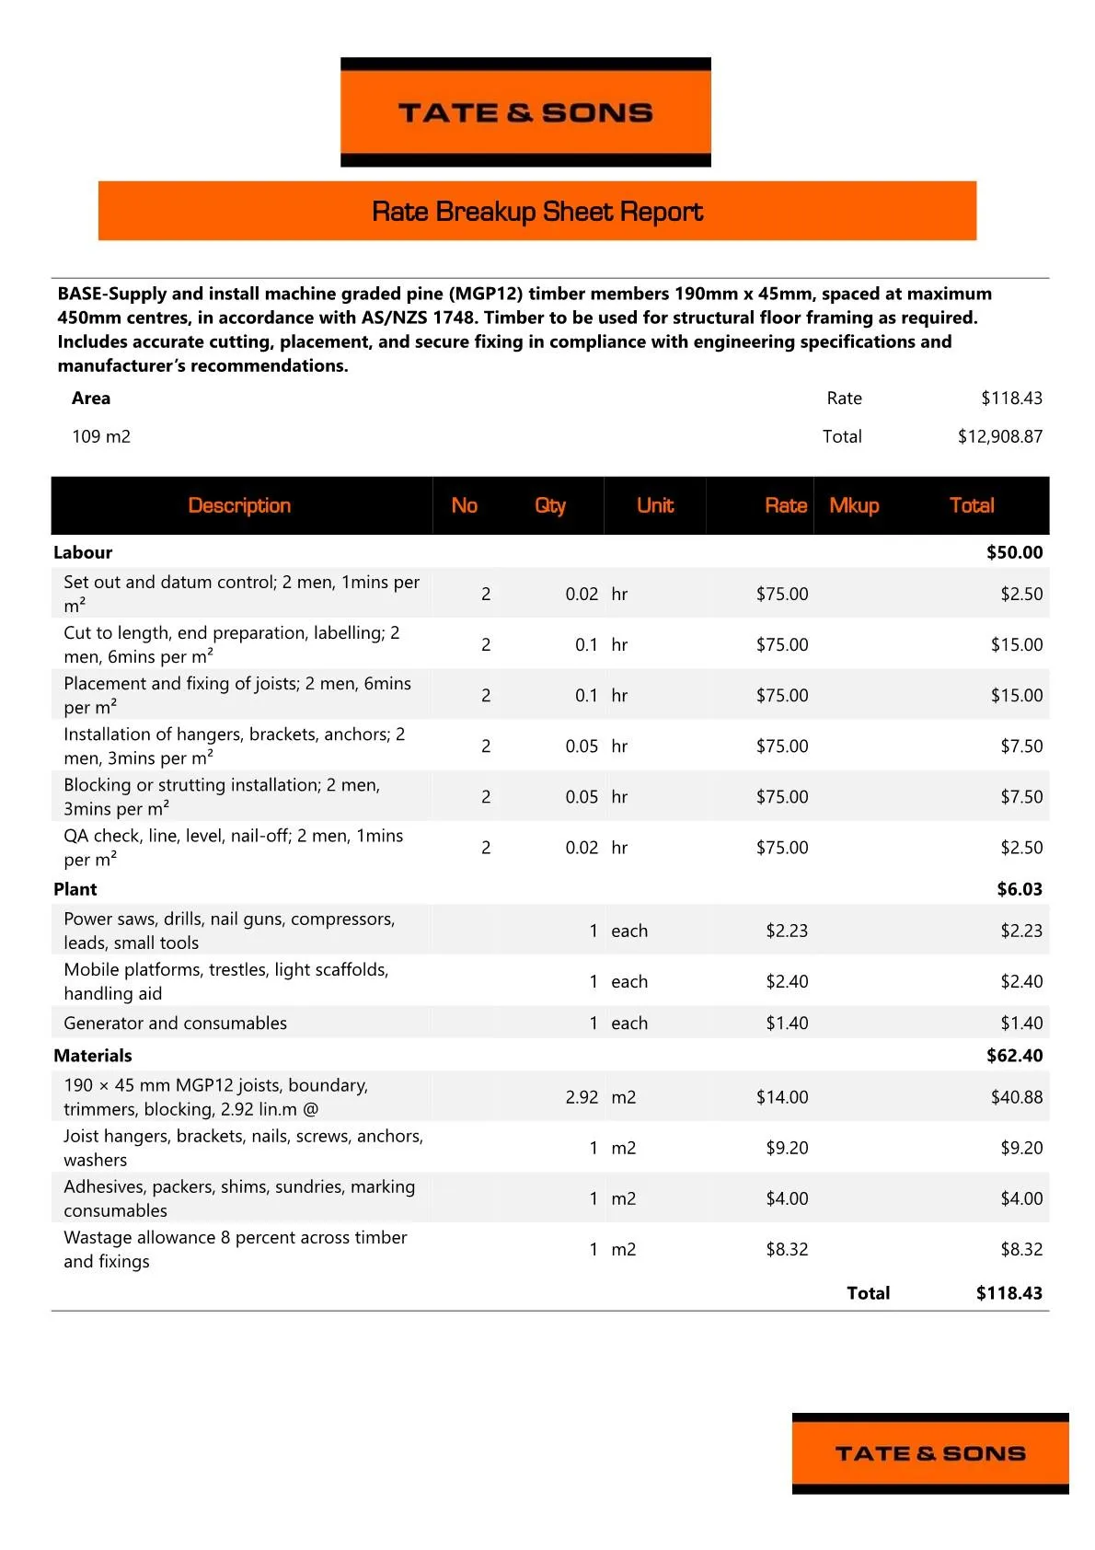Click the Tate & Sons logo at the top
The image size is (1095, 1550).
525,112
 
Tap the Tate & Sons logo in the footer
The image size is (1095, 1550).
929,1453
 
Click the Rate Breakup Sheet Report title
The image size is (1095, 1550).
537,212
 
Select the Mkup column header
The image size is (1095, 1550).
854,505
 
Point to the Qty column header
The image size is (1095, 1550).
549,505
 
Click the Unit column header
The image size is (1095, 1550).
655,505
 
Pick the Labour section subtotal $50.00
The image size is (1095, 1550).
1014,552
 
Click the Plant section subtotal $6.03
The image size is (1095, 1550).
1020,889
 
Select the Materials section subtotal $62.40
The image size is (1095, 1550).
1014,1056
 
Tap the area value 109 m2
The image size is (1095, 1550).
101,436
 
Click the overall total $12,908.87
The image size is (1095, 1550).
999,436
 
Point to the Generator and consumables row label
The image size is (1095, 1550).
175,1023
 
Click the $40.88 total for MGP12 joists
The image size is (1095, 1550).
1016,1097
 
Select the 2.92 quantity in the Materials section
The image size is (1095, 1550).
582,1097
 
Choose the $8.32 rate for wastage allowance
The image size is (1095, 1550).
787,1249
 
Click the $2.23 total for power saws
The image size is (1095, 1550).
1021,931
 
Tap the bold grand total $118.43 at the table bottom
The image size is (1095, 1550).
1009,1293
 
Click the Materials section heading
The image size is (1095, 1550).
93,1056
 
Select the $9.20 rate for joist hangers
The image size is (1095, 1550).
787,1148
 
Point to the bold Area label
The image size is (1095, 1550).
91,398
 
